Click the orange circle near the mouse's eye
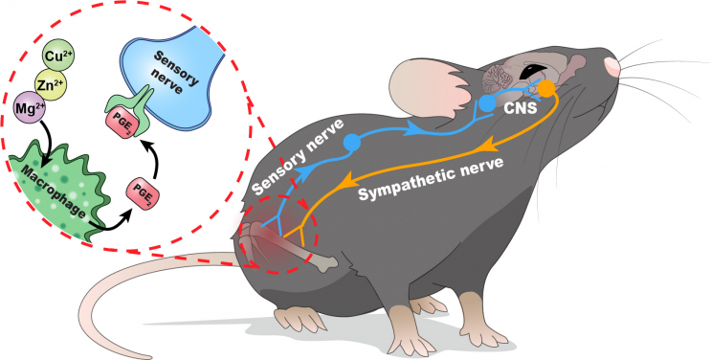[x=546, y=89]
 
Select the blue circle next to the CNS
[x=488, y=101]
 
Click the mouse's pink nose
[x=611, y=66]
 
